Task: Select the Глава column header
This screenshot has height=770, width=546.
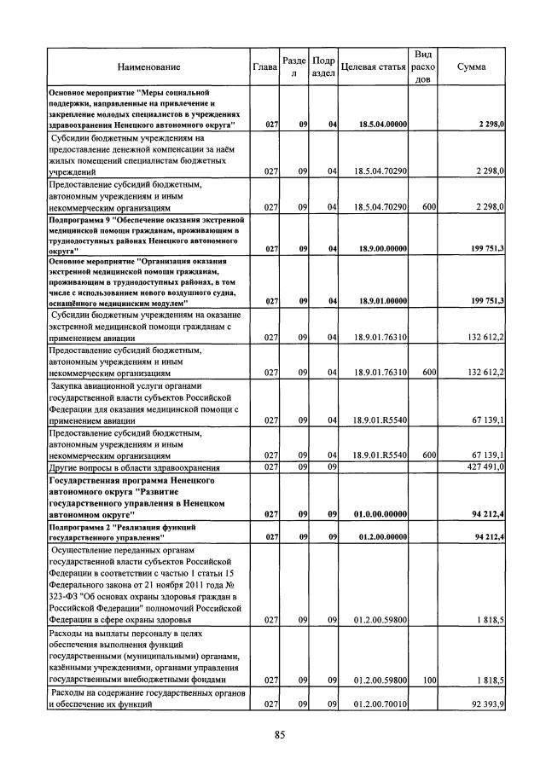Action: tap(265, 66)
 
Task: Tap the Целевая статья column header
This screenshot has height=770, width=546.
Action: tap(373, 66)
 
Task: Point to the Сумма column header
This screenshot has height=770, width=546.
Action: tap(473, 66)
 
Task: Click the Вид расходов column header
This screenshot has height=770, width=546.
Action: tap(422, 66)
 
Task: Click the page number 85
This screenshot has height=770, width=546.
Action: tap(279, 735)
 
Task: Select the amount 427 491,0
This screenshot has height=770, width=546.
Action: tap(483, 466)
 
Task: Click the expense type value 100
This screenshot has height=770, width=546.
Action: tap(429, 680)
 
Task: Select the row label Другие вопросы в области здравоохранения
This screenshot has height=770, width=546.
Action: tap(136, 467)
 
